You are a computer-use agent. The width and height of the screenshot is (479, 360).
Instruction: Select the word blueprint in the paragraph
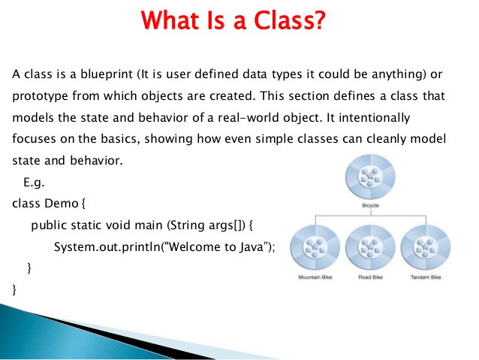coord(107,74)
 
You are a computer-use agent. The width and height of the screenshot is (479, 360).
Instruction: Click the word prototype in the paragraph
coord(40,96)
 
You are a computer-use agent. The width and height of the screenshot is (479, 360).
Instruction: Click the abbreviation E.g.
coord(34,183)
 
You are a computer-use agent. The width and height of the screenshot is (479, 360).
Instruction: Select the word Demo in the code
coord(62,204)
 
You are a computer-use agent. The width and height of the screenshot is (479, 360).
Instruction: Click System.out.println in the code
coord(107,247)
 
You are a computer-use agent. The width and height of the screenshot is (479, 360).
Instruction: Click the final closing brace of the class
coord(14,289)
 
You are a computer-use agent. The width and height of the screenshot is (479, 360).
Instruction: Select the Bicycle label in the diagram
coord(371,205)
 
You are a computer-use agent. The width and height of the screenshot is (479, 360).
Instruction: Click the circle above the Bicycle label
coord(371,177)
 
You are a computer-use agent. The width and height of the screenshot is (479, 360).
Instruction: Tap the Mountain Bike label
coord(315,277)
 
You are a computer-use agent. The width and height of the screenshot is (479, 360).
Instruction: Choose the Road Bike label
coord(371,277)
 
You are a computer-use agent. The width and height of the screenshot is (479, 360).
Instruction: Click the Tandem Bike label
coord(426,277)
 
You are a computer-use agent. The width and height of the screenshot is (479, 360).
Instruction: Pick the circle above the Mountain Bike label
coord(315,247)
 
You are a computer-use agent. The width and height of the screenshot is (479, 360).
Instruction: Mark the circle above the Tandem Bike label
coord(426,247)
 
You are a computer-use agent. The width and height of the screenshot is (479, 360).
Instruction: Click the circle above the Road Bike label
coord(371,247)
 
